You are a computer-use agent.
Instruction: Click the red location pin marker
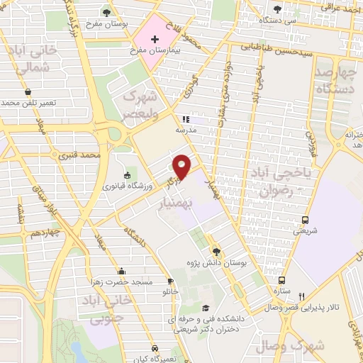coord(182,166)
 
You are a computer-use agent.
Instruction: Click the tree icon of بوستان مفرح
coord(106,11)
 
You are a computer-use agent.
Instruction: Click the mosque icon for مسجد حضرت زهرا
coord(121,270)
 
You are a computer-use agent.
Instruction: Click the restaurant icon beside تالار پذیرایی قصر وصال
coord(302,296)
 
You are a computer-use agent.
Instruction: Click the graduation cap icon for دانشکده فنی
coord(206,308)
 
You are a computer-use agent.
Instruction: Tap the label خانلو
coord(171,291)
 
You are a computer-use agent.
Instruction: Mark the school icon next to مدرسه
coord(185,119)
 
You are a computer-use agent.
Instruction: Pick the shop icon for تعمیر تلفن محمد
coord(28,91)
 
